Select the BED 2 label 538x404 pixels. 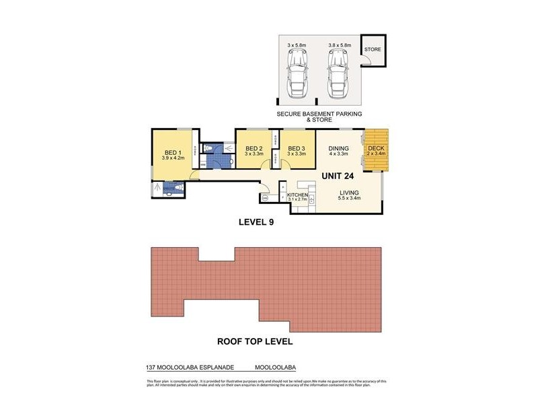click(x=254, y=149)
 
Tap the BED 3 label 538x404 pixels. click(x=297, y=149)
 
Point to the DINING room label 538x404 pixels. click(x=338, y=149)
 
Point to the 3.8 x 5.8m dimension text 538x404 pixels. click(x=339, y=45)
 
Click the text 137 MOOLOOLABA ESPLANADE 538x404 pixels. click(x=190, y=368)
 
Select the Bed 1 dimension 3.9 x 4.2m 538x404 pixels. click(x=172, y=158)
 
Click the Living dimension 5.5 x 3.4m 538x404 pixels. click(x=350, y=199)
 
